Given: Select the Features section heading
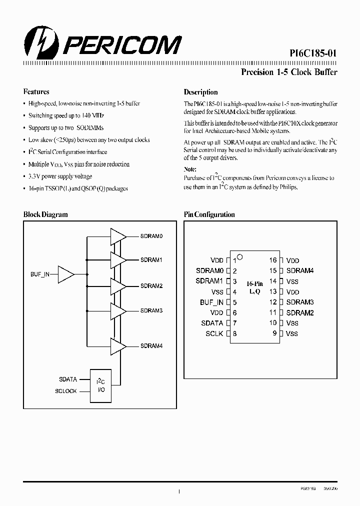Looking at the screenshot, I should coord(36,92).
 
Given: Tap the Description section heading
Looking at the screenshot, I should coord(200,92).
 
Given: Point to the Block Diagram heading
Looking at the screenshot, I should coord(45,214).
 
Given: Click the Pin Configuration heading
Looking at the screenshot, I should coord(209,214).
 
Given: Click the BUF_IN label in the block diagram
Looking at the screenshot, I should coord(40,274).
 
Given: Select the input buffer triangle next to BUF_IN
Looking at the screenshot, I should coord(66,274).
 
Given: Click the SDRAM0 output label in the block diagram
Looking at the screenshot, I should coord(151,235).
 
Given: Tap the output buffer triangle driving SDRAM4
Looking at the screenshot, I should coord(118,345).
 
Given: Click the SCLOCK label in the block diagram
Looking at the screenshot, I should coord(66,391).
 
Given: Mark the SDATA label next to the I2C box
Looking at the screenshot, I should coord(68,380).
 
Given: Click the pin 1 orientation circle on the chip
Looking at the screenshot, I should coord(239,257).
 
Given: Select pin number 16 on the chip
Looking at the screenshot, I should coord(272,260).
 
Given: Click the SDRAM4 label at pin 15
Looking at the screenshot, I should coord(300,271).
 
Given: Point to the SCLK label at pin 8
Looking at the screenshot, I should coord(214,333).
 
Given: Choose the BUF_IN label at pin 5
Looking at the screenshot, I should coord(211,302).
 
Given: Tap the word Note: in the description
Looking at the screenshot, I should coord(190,169).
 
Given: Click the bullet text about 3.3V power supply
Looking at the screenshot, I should coord(60,176).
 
